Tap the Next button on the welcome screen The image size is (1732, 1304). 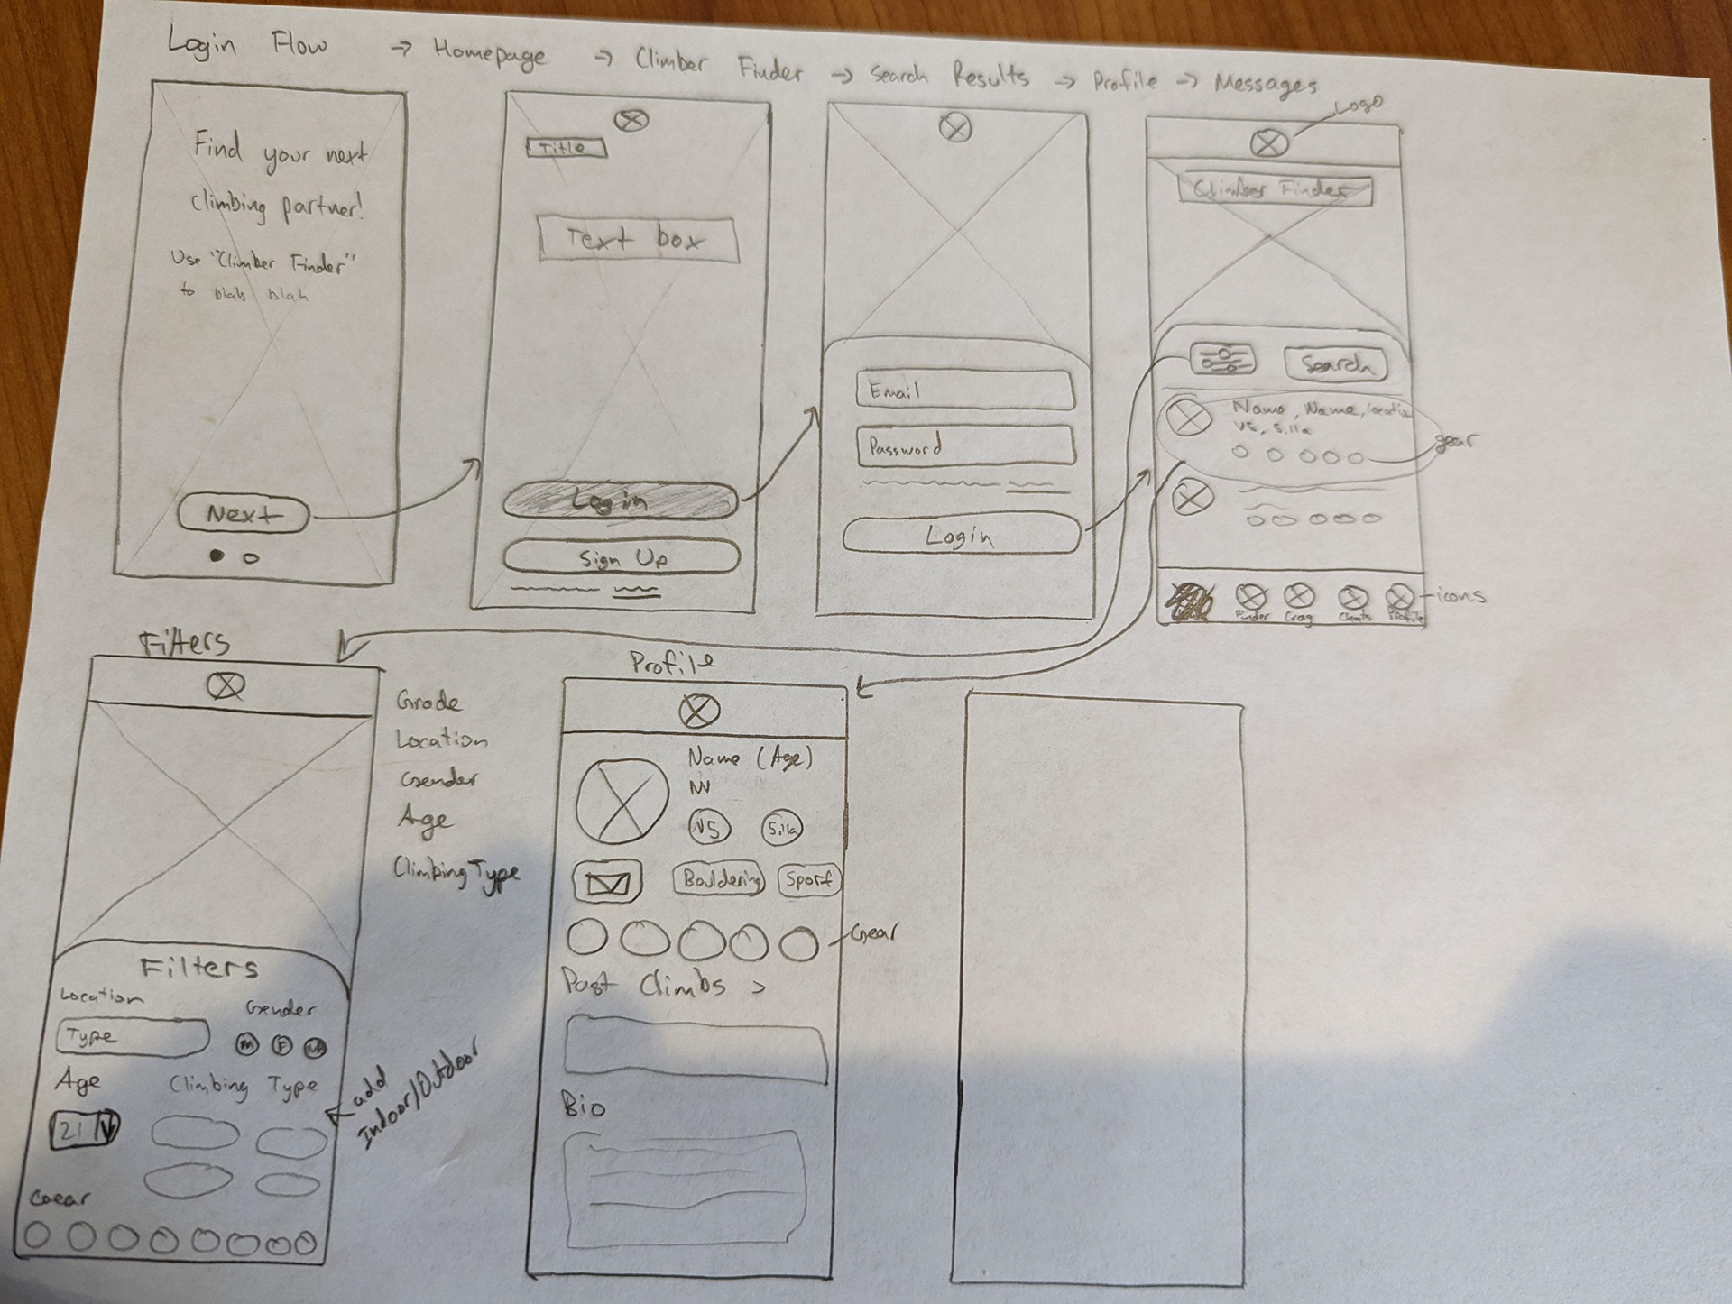click(x=244, y=514)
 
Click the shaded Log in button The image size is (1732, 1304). click(x=620, y=500)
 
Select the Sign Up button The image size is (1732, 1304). click(x=622, y=557)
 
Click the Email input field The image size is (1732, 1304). click(x=964, y=390)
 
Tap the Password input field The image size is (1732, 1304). click(x=965, y=445)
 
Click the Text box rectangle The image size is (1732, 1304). click(x=637, y=239)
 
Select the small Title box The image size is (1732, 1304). click(x=567, y=148)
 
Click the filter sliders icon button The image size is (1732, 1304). click(x=1222, y=360)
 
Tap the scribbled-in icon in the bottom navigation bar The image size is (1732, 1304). click(x=1192, y=601)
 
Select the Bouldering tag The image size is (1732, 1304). click(x=719, y=879)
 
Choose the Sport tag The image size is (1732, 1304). click(x=808, y=879)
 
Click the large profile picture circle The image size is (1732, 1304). click(x=622, y=799)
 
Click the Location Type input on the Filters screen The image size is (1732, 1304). click(x=132, y=1037)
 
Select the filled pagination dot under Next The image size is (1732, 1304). click(x=216, y=556)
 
